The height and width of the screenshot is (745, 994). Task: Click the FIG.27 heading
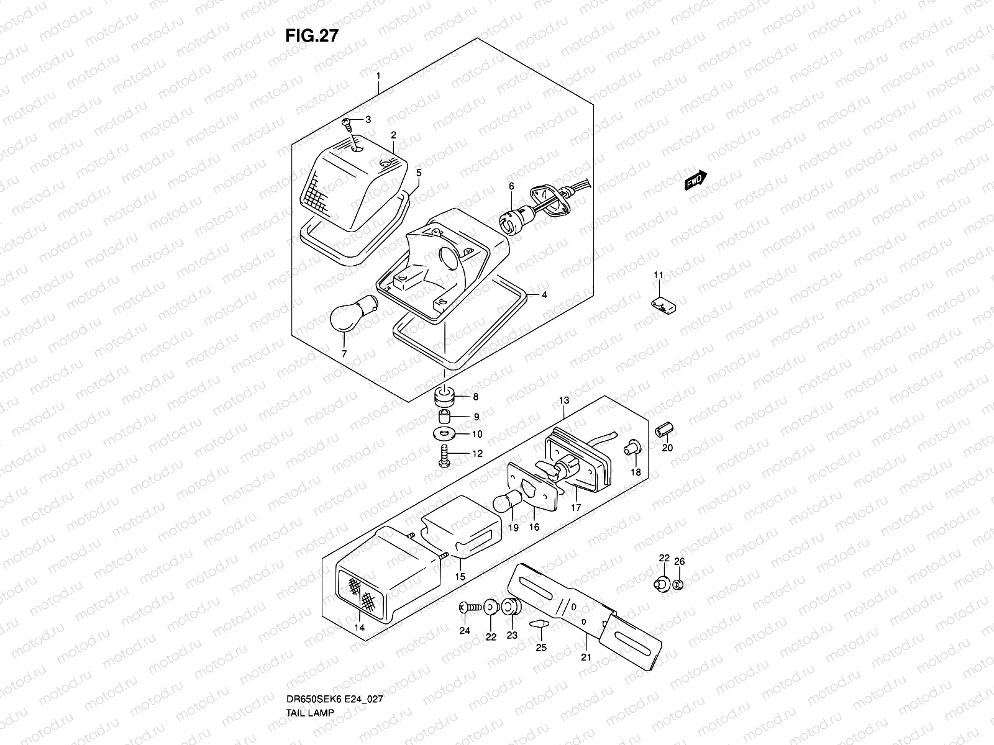pos(312,36)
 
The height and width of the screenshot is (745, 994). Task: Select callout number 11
pos(659,274)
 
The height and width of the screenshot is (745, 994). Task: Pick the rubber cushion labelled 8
pos(444,395)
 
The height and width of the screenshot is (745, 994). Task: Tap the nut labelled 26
pos(678,584)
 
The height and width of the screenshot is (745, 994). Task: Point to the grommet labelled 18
pos(631,448)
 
